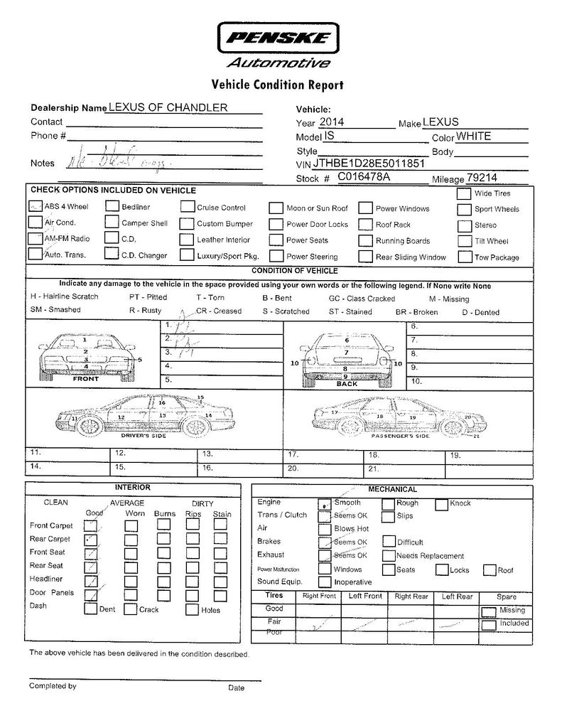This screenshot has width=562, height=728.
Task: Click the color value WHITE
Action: (x=473, y=136)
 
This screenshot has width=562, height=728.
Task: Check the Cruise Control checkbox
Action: (x=186, y=207)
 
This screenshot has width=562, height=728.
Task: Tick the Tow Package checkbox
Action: (x=464, y=257)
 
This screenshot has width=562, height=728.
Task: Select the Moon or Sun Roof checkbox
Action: (x=276, y=208)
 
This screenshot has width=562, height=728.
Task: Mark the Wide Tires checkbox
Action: (x=464, y=193)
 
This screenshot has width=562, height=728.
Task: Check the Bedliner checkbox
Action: (x=112, y=207)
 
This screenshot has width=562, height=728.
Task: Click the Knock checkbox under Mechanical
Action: (x=441, y=504)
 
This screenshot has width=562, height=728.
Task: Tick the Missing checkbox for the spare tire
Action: (x=488, y=611)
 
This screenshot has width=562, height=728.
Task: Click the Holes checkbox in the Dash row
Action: (x=191, y=609)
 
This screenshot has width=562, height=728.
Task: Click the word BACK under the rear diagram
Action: (x=347, y=384)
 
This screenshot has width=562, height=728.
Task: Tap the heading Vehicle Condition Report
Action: (x=277, y=85)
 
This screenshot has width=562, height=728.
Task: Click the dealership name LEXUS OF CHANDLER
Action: (x=168, y=107)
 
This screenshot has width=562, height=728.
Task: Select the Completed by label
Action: (x=53, y=686)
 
